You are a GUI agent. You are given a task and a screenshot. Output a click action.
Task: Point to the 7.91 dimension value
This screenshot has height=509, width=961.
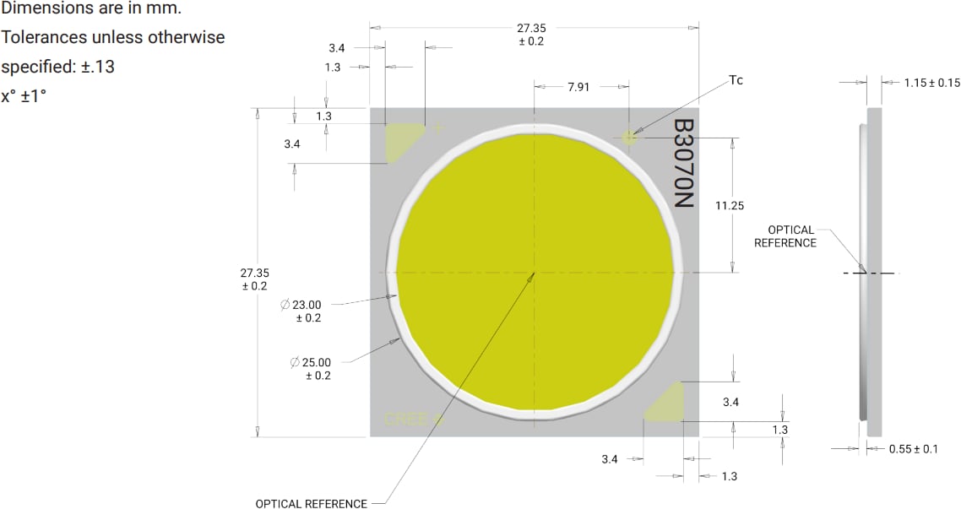[x=578, y=87]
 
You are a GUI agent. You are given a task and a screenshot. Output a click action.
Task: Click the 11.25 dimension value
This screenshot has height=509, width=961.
[x=730, y=205]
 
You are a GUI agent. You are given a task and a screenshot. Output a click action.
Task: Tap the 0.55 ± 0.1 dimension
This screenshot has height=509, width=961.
[x=913, y=449]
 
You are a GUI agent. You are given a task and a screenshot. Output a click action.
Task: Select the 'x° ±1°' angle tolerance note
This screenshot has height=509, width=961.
[x=23, y=96]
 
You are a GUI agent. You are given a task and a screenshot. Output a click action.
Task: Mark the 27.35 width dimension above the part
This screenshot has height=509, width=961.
[x=531, y=34]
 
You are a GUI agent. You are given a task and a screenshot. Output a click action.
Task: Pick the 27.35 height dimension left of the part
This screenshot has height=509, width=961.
[x=255, y=279]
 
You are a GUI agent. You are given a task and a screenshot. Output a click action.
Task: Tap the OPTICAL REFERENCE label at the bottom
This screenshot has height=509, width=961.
[x=311, y=504]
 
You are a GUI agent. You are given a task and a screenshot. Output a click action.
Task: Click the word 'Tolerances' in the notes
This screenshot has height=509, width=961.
[x=41, y=38]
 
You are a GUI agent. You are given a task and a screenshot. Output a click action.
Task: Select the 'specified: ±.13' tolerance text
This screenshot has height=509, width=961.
[x=57, y=67]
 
